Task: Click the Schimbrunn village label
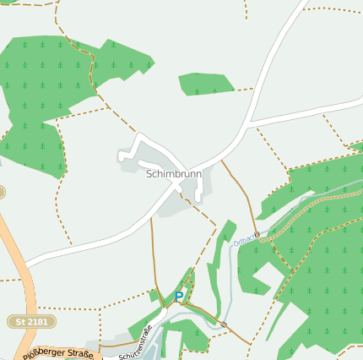pyautogui.click(x=174, y=174)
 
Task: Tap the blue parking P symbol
pyautogui.click(x=179, y=297)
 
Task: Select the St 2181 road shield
pyautogui.click(x=32, y=322)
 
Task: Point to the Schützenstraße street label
pyautogui.click(x=135, y=342)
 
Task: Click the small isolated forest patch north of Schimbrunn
pyautogui.click(x=205, y=84)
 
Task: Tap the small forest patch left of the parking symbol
pyautogui.click(x=154, y=296)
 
